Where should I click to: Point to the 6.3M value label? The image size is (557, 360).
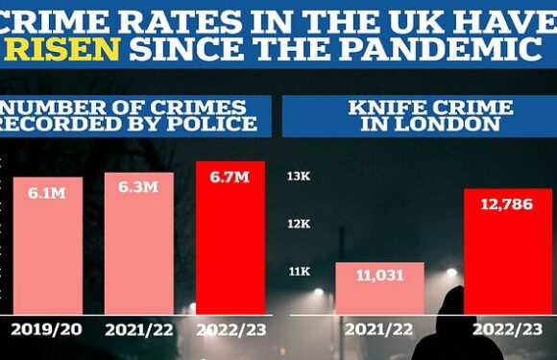(x=138, y=188)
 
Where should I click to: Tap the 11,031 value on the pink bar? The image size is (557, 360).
(x=379, y=276)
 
